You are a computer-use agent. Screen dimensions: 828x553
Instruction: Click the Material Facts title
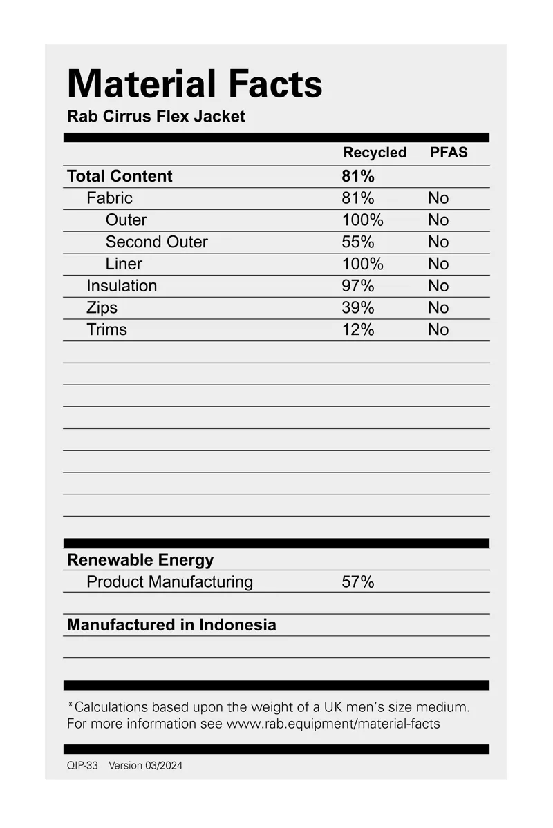click(x=194, y=84)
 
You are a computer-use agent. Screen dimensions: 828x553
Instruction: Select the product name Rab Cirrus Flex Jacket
click(x=156, y=116)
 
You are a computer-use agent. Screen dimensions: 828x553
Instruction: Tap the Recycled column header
click(x=375, y=153)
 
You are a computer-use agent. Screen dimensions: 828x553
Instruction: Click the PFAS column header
click(x=449, y=153)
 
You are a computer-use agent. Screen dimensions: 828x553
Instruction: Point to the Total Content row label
click(x=120, y=176)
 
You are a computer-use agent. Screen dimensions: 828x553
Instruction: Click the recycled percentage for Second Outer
click(x=358, y=242)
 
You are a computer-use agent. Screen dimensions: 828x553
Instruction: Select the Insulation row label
click(x=122, y=286)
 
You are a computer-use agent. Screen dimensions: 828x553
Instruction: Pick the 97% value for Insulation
click(x=358, y=286)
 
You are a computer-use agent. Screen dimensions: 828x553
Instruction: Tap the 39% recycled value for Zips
click(x=358, y=308)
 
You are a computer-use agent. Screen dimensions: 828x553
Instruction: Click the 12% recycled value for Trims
click(x=358, y=330)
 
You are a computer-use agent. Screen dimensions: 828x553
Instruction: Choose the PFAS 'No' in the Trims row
click(x=438, y=330)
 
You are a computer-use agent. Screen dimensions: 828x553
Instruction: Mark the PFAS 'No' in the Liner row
click(x=438, y=264)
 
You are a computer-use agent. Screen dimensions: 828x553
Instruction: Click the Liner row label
click(x=124, y=264)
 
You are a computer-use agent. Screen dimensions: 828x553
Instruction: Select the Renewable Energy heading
click(x=140, y=560)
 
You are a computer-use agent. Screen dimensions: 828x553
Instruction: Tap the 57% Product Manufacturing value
click(x=358, y=582)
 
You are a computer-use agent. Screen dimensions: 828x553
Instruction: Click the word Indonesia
click(x=238, y=625)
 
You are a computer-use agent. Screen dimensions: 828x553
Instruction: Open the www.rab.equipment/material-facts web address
click(x=333, y=724)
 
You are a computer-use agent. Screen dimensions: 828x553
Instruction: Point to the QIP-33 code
click(x=82, y=765)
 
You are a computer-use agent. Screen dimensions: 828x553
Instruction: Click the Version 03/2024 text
click(x=146, y=765)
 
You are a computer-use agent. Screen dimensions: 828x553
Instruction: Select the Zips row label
click(x=102, y=308)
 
